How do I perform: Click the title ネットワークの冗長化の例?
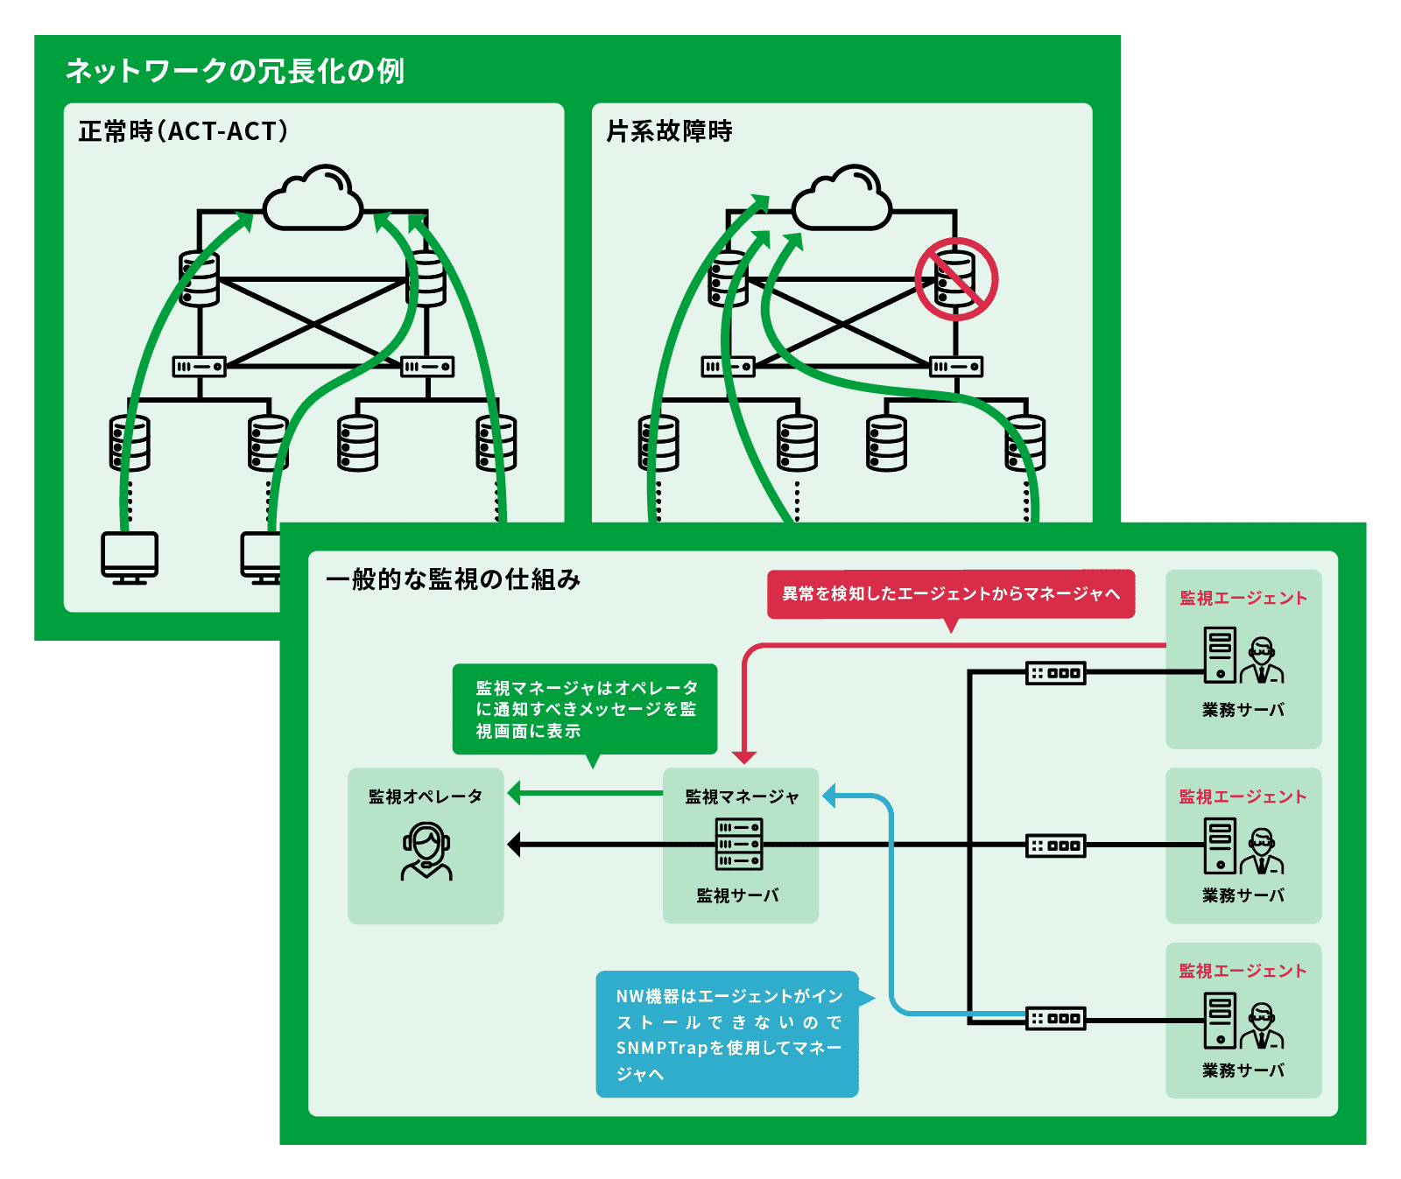235,71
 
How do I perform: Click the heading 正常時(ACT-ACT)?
183,131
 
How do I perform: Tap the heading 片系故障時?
669,131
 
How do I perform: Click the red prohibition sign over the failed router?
956,279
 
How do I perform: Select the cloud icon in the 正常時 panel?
313,200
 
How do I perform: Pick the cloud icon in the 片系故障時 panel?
841,200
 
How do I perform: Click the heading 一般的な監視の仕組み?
453,579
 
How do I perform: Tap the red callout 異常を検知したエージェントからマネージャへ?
951,594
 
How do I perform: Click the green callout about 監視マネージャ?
585,709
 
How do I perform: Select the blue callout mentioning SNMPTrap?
727,1034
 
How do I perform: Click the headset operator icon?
426,851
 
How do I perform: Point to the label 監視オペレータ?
426,797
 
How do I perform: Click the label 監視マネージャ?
742,797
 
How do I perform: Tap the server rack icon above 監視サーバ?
739,845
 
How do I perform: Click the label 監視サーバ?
737,895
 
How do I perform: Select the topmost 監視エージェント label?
1243,598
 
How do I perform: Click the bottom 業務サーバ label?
1243,1070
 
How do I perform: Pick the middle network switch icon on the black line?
1055,846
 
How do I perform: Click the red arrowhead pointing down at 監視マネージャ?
744,757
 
